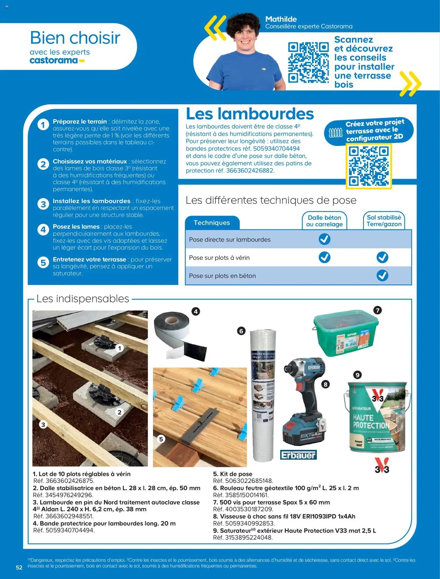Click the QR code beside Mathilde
coord(308,62)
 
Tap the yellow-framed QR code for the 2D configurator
coord(368,166)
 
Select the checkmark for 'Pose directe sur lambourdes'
coord(324,239)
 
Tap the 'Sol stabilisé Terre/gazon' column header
coord(384,221)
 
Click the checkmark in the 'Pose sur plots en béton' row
coord(382,275)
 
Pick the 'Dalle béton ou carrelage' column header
coord(324,221)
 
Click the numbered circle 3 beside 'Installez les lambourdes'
coord(43,204)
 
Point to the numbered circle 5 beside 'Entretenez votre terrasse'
coord(43,263)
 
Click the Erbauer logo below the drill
coord(298,455)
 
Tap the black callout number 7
coord(377,310)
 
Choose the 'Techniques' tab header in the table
coord(212,223)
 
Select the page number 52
coord(19,568)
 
